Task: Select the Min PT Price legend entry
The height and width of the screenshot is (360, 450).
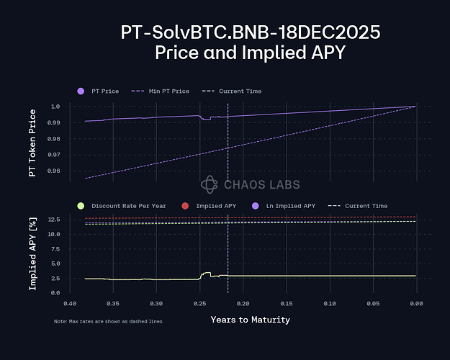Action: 164,91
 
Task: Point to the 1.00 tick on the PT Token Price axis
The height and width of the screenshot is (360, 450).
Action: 55,107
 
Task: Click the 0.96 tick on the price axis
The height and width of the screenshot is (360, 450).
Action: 55,171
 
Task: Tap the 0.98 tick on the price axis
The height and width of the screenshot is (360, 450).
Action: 55,139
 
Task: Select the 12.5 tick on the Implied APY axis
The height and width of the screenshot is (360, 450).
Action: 54,219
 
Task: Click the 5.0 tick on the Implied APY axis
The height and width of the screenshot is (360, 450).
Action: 55,263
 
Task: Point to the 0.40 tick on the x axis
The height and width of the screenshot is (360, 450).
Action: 70,303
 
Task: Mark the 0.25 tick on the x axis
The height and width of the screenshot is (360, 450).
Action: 199,303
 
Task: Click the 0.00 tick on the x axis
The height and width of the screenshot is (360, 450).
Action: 415,303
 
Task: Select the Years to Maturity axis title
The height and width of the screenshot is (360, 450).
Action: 250,319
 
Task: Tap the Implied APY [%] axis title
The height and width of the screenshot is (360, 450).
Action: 32,255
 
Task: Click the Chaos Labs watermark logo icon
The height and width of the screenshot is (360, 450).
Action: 209,185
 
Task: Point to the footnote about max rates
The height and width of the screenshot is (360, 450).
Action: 108,321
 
